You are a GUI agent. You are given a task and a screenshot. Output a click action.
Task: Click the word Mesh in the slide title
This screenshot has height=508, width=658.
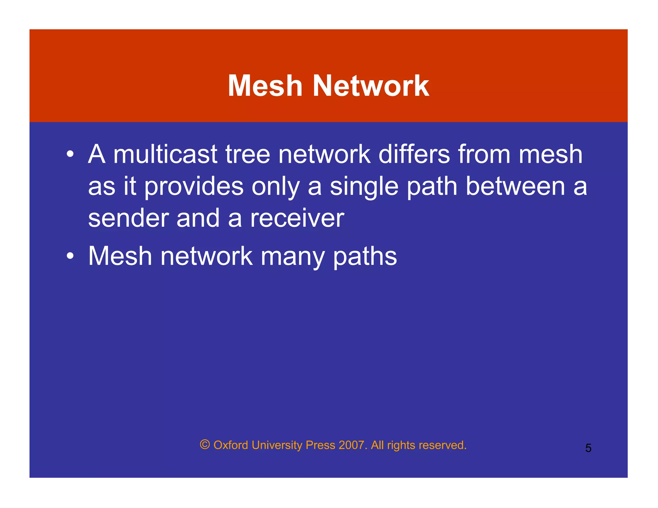coord(265,86)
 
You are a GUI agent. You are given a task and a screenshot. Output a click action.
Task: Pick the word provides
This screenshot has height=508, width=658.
coord(194,187)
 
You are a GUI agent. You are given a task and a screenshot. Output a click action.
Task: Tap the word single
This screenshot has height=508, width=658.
coord(364,187)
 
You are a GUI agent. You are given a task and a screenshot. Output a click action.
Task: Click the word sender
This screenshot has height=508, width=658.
coord(128,218)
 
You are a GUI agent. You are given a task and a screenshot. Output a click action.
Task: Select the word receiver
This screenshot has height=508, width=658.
coord(297,218)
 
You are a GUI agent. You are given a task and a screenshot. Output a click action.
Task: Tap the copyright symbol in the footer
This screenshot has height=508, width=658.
coord(205,444)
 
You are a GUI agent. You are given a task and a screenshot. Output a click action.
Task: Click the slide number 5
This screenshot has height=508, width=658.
coord(588,448)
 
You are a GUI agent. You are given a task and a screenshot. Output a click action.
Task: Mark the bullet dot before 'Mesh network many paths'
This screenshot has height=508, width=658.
coord(70,256)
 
